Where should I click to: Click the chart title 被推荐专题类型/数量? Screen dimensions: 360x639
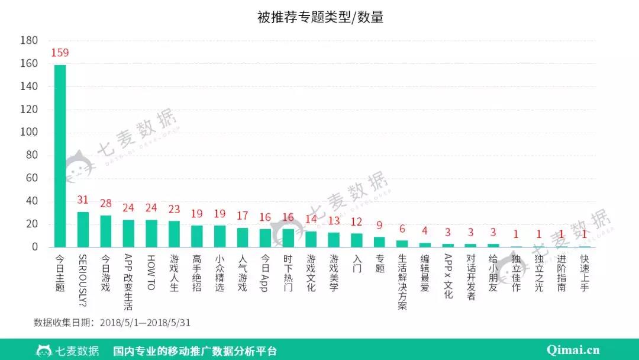(x=320, y=17)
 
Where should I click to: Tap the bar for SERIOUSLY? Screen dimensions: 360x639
(x=83, y=229)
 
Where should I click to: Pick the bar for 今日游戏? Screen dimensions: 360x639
(x=105, y=231)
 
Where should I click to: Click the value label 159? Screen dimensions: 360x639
(x=60, y=53)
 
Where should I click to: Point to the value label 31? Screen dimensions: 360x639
(x=83, y=200)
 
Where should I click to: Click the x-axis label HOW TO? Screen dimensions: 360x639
(x=151, y=273)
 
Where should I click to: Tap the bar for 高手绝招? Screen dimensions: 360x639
(x=197, y=236)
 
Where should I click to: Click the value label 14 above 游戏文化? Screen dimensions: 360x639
(x=311, y=219)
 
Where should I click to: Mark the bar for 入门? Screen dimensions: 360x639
(x=357, y=240)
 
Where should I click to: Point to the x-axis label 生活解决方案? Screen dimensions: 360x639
(x=402, y=282)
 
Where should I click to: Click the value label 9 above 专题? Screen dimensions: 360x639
(x=379, y=225)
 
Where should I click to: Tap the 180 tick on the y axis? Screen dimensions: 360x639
(x=29, y=40)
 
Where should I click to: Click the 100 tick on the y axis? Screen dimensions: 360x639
(x=29, y=132)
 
